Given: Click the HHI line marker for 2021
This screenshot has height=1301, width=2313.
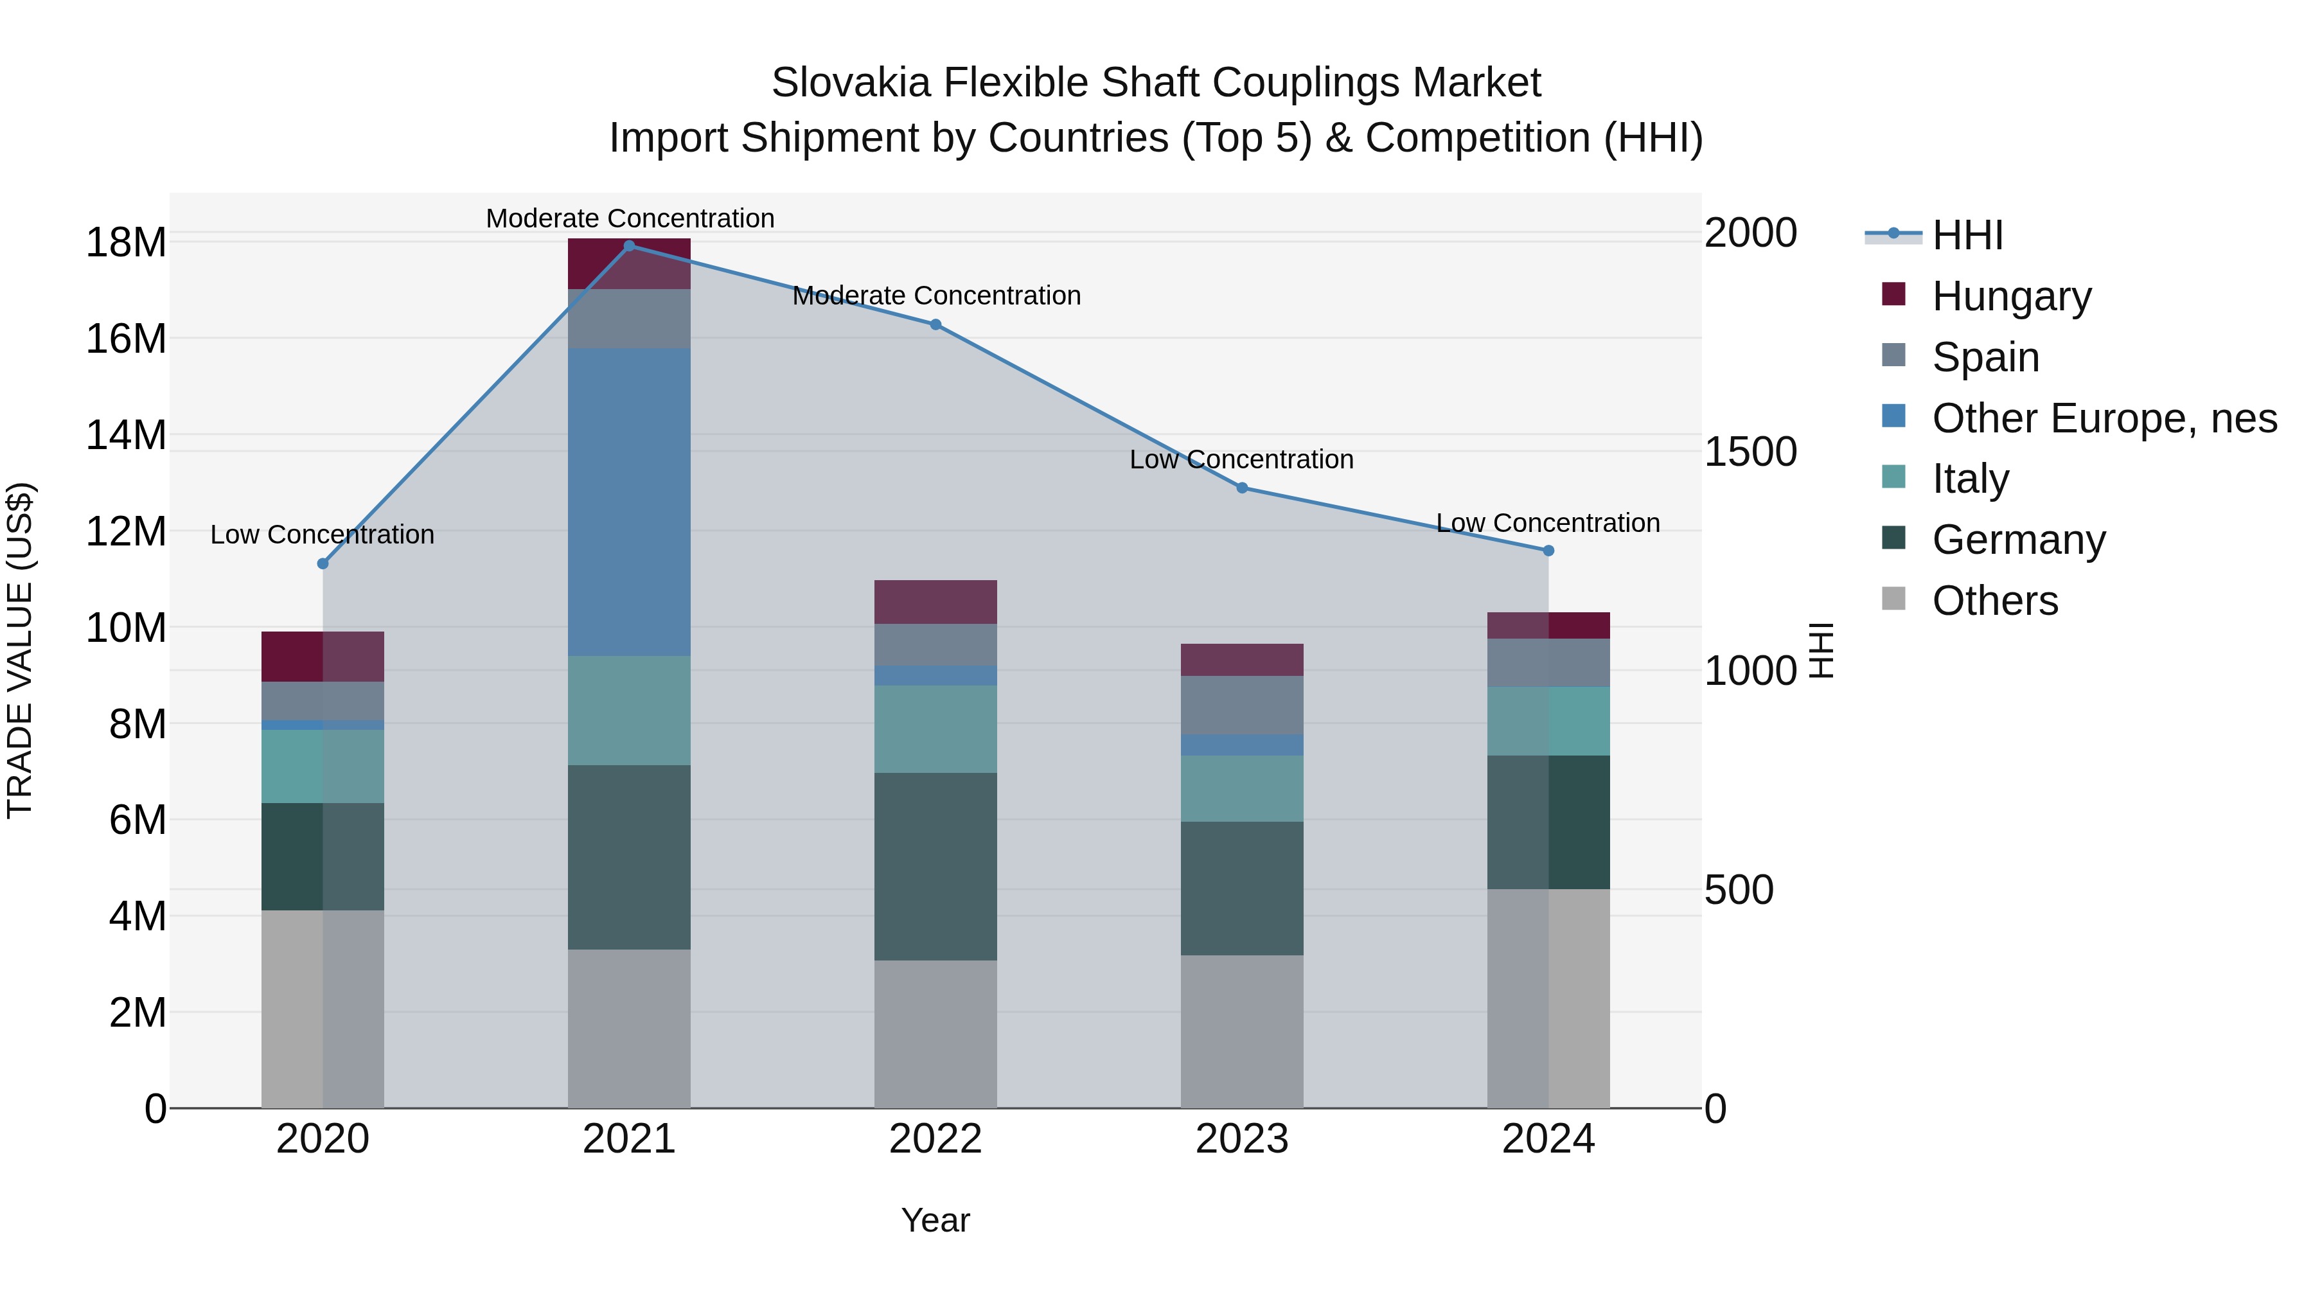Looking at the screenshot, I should click(630, 246).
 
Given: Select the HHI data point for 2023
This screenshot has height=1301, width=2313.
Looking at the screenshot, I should click(1242, 488).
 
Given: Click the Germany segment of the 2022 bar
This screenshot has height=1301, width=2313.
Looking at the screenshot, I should click(935, 867).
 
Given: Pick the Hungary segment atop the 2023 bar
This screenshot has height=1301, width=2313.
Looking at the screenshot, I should click(1242, 660).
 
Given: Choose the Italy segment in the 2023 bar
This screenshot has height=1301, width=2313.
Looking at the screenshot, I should click(1242, 788).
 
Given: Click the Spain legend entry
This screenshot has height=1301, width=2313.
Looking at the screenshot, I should click(1985, 357).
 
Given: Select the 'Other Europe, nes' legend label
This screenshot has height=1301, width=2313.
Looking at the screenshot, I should click(2104, 418).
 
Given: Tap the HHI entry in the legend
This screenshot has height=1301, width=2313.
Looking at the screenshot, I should click(1967, 235).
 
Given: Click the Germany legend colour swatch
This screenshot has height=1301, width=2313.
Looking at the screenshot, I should click(1893, 538).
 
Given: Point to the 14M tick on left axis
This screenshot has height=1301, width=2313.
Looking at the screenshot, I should click(126, 436).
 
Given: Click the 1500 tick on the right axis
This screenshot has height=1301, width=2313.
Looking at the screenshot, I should click(1750, 452).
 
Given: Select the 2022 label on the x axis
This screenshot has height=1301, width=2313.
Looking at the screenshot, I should click(935, 1139).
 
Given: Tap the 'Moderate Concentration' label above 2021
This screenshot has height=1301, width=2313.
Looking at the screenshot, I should click(630, 218).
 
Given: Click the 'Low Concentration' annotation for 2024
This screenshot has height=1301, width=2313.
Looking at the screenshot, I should click(1548, 522).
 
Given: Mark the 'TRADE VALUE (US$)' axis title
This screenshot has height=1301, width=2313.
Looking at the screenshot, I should click(20, 650).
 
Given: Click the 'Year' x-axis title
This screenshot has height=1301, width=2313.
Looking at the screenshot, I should click(935, 1220).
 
